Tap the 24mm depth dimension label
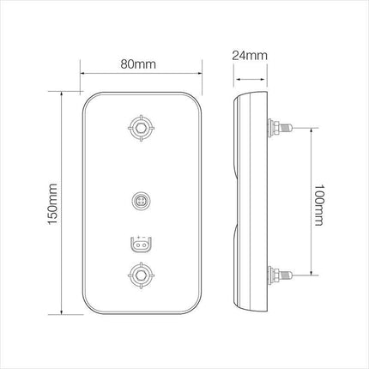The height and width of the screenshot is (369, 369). click(x=250, y=56)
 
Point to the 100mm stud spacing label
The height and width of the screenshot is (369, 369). click(x=318, y=203)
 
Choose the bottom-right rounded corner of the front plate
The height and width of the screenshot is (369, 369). click(x=194, y=306)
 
